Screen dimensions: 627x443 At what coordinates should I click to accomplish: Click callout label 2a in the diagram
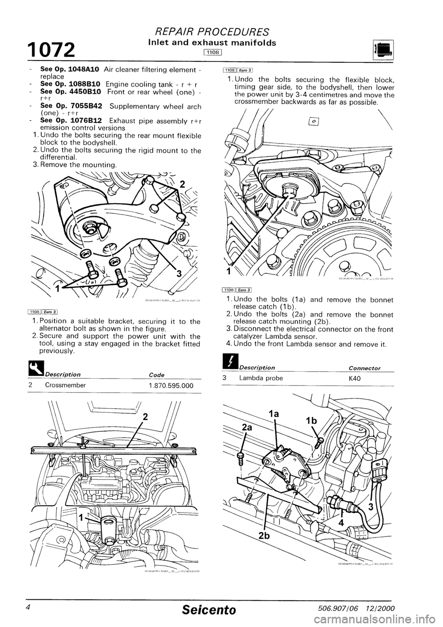(x=245, y=427)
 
